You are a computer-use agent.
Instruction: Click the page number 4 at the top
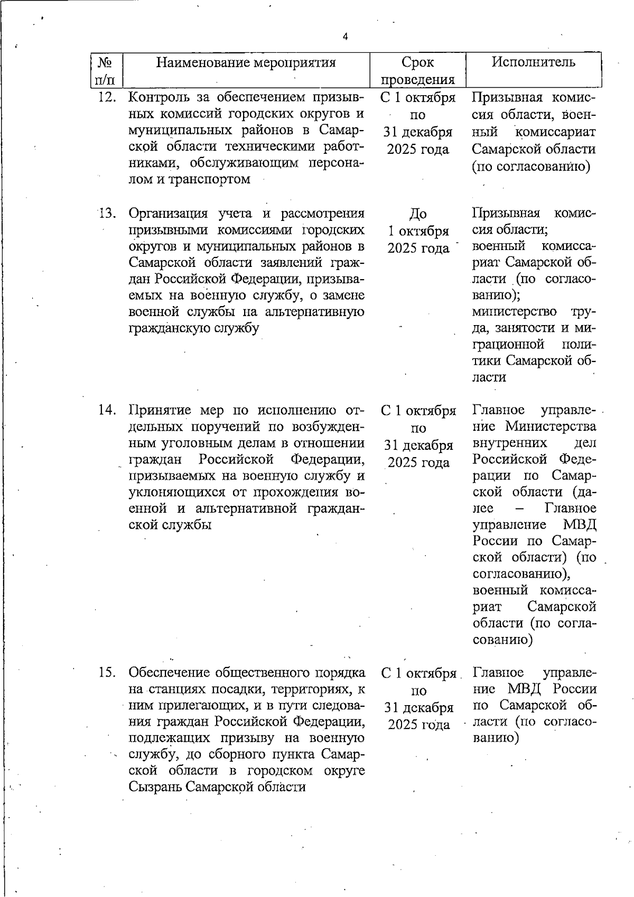click(x=346, y=36)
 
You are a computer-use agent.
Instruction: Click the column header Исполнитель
click(x=534, y=62)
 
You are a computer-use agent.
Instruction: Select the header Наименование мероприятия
click(x=246, y=63)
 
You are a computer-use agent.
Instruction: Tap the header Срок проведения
click(x=417, y=71)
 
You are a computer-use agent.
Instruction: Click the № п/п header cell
click(x=105, y=71)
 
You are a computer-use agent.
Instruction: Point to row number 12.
click(x=107, y=98)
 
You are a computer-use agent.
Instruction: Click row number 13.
click(x=107, y=214)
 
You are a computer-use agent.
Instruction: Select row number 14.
click(x=107, y=410)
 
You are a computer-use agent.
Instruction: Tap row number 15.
click(x=107, y=672)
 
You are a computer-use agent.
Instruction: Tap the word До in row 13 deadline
click(x=418, y=214)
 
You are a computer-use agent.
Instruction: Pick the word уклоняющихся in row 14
click(x=178, y=493)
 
